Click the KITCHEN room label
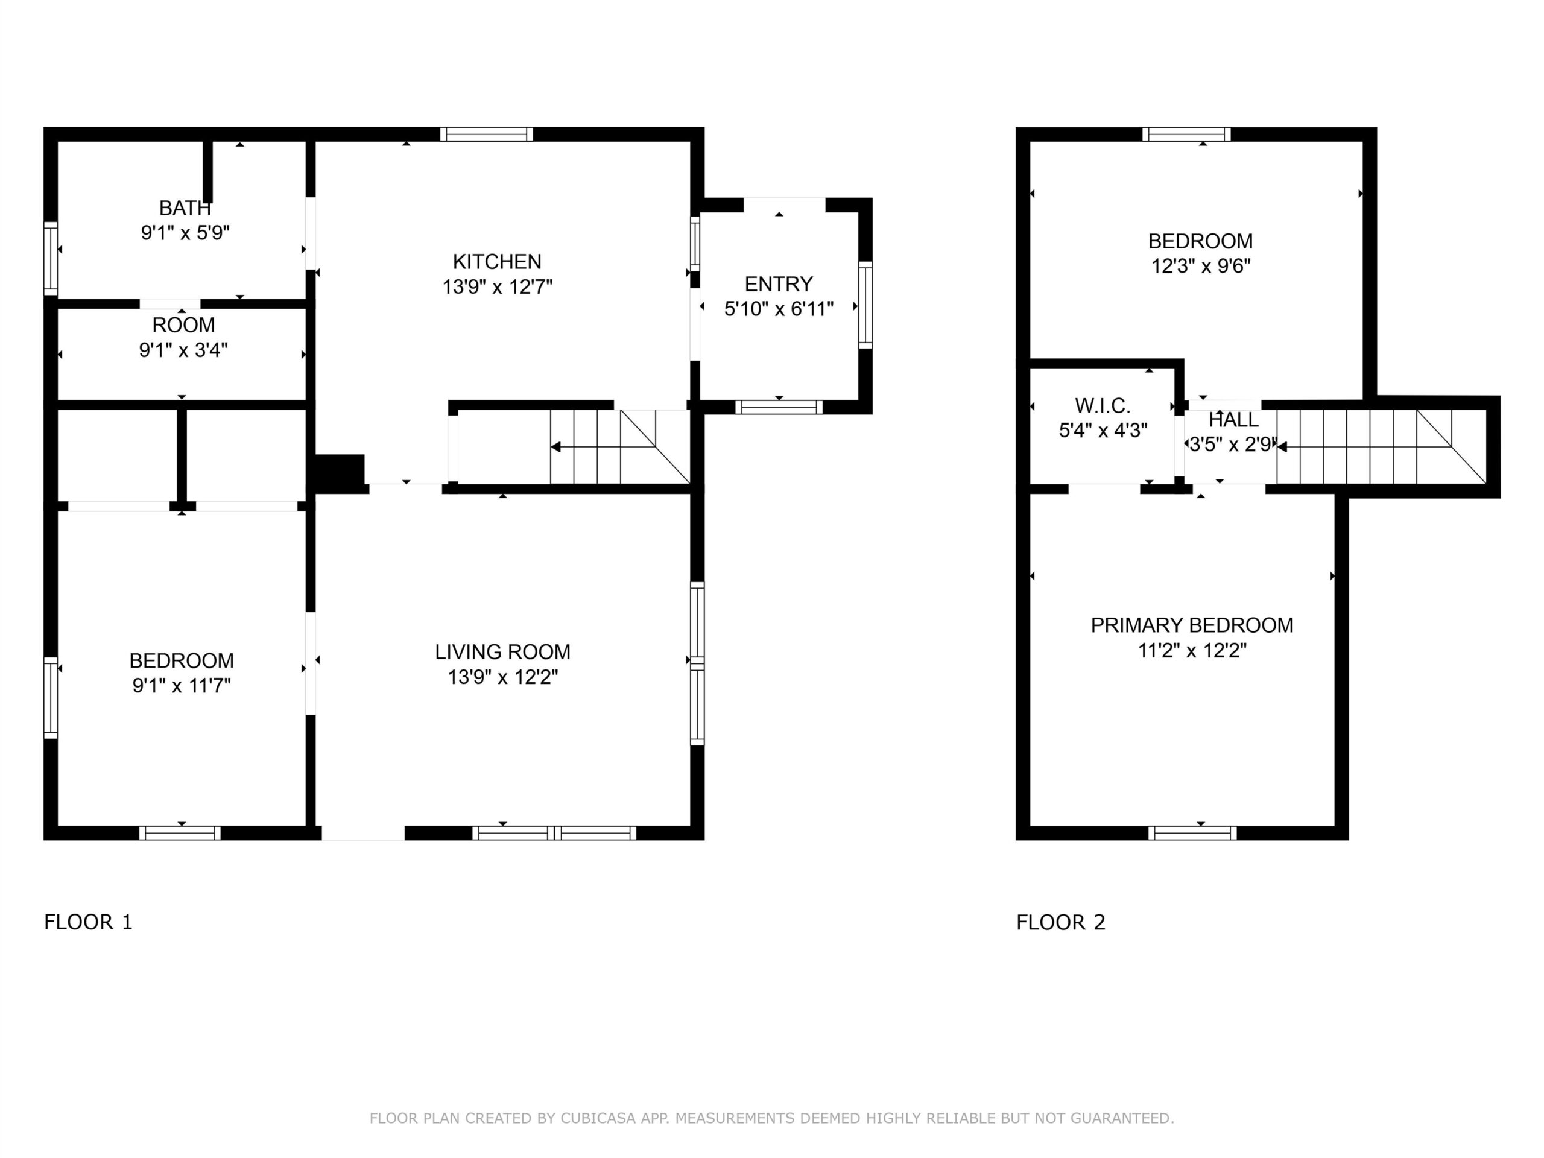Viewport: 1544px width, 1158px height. pyautogui.click(x=497, y=262)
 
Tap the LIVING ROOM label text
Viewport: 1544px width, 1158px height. pyautogui.click(x=502, y=652)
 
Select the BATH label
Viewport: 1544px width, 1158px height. pyautogui.click(x=185, y=208)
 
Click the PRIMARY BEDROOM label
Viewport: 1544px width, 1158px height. pyautogui.click(x=1192, y=625)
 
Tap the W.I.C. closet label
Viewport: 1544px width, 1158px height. pyautogui.click(x=1103, y=405)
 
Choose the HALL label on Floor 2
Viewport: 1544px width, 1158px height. pyautogui.click(x=1233, y=420)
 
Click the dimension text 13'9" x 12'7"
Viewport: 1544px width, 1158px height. pyautogui.click(x=497, y=287)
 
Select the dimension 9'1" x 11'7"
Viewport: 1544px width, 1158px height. pyautogui.click(x=182, y=685)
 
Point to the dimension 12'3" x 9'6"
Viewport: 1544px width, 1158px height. pyautogui.click(x=1201, y=266)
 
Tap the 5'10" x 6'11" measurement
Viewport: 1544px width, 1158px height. pyautogui.click(x=779, y=309)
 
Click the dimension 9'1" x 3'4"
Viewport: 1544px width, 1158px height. pyautogui.click(x=183, y=350)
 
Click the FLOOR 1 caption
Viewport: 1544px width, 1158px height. pyautogui.click(x=88, y=922)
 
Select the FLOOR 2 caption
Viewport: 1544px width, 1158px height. pyautogui.click(x=1061, y=922)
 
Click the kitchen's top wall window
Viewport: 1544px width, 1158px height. pyautogui.click(x=487, y=134)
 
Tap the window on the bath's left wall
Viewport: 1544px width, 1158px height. pyautogui.click(x=50, y=259)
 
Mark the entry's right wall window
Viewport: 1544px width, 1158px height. pyautogui.click(x=865, y=305)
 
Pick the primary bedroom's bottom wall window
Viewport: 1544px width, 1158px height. pyautogui.click(x=1192, y=833)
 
